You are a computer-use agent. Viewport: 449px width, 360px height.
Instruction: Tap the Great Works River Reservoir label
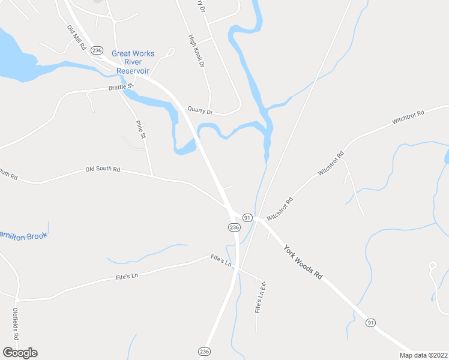coord(133,62)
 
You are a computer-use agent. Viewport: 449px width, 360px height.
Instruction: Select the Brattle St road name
coord(121,88)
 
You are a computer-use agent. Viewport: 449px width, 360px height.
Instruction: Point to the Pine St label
coord(141,129)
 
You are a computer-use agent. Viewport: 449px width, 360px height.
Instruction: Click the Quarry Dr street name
coord(200,110)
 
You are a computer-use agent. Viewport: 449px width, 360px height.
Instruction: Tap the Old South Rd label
coord(103,170)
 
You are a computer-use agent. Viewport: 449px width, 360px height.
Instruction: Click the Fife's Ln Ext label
coord(260,298)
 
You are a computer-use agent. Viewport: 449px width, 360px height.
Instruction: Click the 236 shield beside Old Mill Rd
coord(97,50)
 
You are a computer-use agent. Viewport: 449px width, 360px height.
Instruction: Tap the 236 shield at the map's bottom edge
coord(205,351)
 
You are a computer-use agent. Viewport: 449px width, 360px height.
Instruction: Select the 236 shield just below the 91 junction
coord(234,227)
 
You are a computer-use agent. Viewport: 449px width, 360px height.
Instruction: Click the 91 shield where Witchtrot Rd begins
coord(247,216)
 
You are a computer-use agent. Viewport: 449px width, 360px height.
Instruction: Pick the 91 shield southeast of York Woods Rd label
coord(370,323)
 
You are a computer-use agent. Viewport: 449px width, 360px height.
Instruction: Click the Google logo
coord(20,353)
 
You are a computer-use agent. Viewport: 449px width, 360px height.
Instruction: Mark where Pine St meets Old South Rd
coord(152,176)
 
